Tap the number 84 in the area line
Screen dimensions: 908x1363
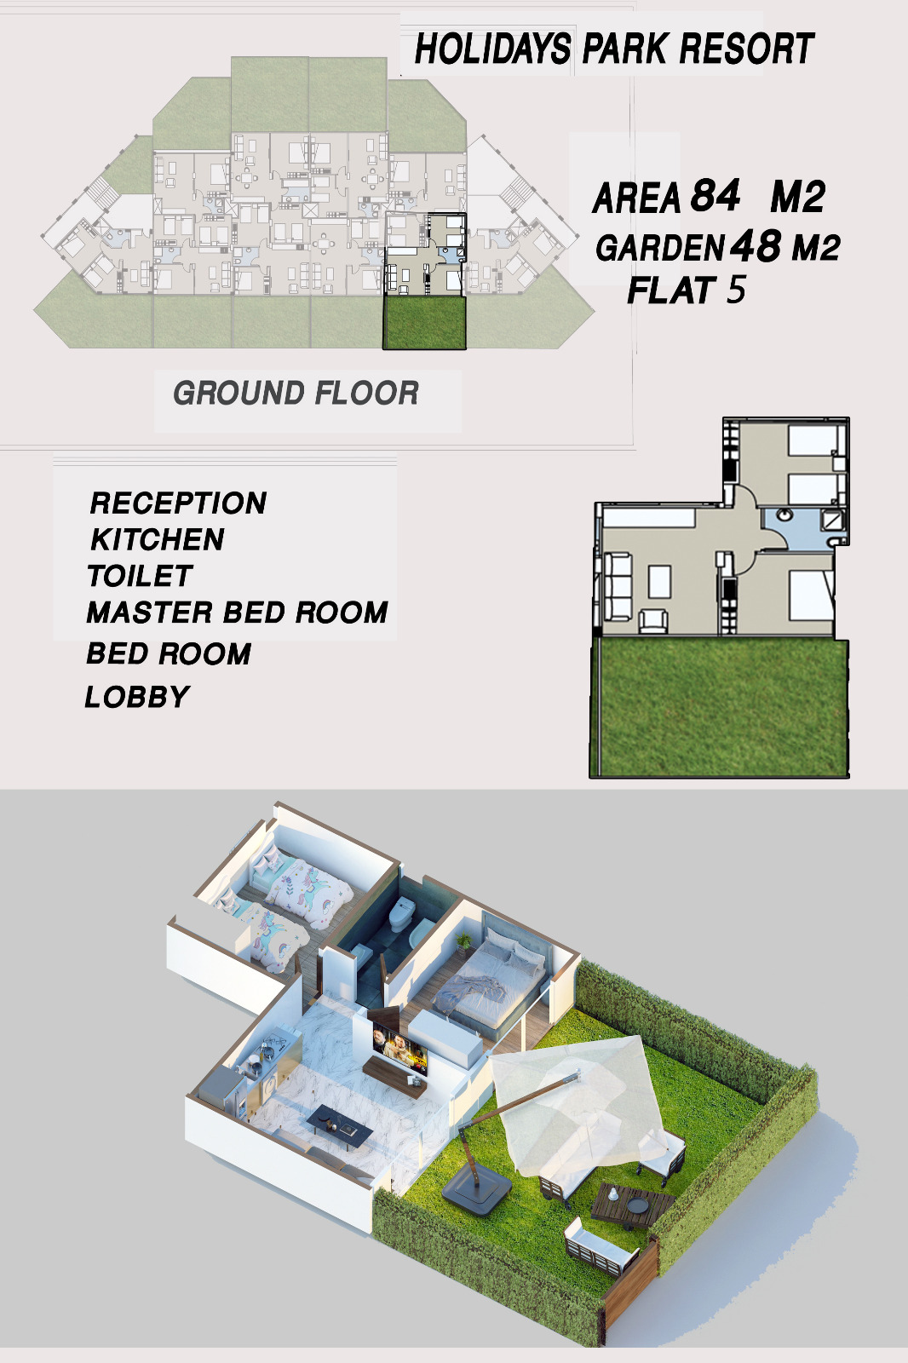coord(715,195)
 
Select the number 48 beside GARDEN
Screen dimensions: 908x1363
coord(756,246)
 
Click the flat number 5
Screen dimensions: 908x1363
coord(736,290)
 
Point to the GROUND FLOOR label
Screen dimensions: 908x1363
coord(296,393)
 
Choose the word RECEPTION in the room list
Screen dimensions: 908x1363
coord(178,503)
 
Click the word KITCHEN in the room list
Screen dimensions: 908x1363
coord(158,540)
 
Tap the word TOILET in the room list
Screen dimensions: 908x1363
coord(140,576)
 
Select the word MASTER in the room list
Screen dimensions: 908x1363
coord(150,612)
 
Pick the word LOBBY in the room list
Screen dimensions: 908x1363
coord(137,698)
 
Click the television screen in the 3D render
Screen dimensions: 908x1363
coord(399,1048)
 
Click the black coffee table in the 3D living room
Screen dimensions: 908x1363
coord(339,1124)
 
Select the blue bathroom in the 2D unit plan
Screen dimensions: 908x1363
coord(803,528)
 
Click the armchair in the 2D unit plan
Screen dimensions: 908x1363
coord(652,622)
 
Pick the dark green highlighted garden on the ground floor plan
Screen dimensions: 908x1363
coord(424,323)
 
